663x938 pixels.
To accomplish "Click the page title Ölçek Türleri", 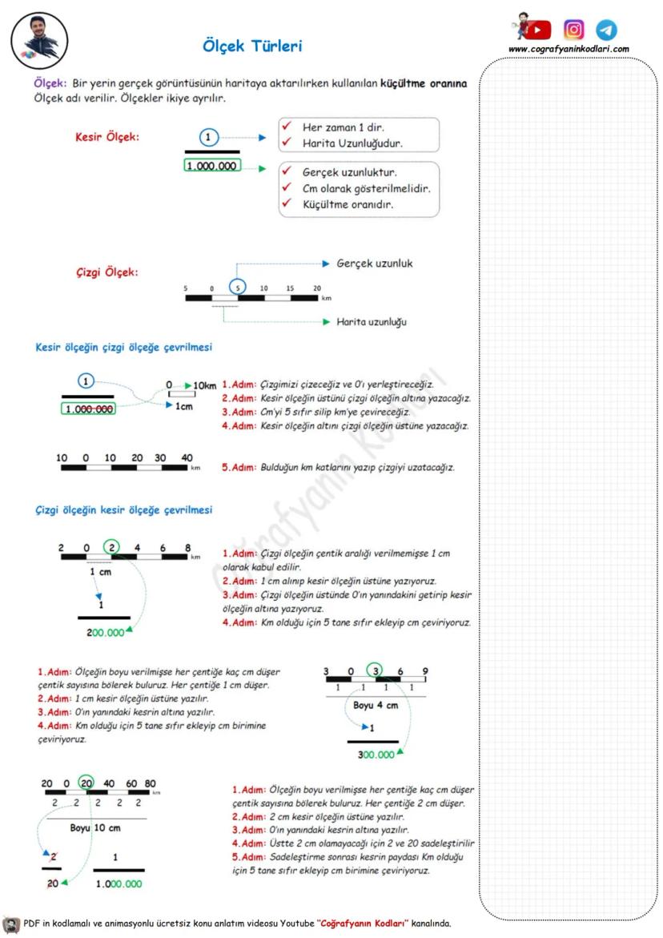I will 252,46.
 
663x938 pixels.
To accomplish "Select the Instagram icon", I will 574,30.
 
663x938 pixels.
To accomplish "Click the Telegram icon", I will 607,30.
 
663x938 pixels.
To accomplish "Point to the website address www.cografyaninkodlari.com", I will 569,49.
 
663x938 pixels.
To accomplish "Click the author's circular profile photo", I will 40,38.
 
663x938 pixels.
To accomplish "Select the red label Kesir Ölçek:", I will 106,136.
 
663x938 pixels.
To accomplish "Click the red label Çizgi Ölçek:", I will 106,272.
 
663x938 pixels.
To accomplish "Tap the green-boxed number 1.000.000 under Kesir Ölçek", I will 211,167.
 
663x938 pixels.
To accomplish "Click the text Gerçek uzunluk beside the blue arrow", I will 375,263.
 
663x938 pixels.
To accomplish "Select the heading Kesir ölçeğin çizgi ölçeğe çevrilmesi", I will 123,348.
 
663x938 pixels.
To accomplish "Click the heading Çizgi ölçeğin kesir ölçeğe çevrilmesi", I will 123,510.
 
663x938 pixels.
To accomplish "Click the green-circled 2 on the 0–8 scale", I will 113,549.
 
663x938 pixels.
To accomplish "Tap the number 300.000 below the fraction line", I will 376,755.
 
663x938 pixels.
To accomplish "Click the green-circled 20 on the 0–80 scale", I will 86,784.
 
